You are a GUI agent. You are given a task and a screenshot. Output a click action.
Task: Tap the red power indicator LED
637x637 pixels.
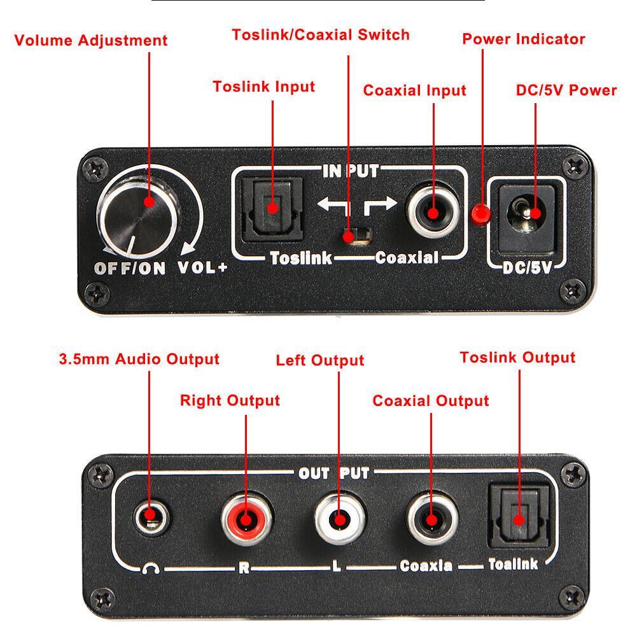pyautogui.click(x=479, y=214)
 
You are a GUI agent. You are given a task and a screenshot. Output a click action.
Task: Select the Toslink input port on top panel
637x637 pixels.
pyautogui.click(x=272, y=208)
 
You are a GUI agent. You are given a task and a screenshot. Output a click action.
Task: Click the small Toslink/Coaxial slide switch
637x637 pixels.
pyautogui.click(x=349, y=236)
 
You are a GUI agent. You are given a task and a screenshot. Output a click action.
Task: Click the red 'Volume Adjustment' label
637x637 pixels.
pyautogui.click(x=91, y=41)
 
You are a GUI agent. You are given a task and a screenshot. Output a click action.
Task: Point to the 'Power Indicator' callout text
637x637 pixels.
pyautogui.click(x=523, y=39)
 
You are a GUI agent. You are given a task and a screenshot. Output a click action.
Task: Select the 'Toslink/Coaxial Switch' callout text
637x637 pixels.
pyautogui.click(x=321, y=34)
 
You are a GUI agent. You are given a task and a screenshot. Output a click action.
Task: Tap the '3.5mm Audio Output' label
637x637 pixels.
pyautogui.click(x=139, y=359)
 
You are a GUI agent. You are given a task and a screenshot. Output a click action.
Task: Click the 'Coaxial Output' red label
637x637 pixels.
pyautogui.click(x=430, y=401)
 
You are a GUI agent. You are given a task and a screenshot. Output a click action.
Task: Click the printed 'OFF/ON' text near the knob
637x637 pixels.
pyautogui.click(x=130, y=268)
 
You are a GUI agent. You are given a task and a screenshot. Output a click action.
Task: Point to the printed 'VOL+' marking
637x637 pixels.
pyautogui.click(x=202, y=268)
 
